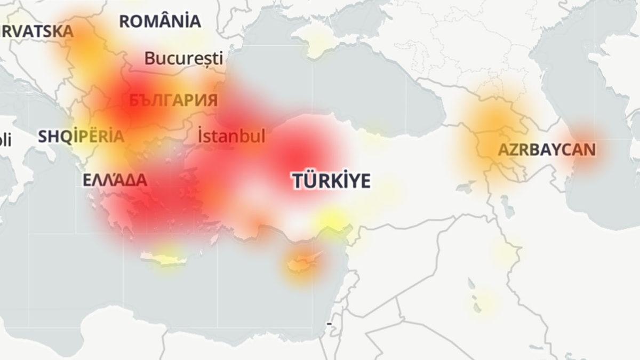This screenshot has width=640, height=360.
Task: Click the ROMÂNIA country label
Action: [160, 22]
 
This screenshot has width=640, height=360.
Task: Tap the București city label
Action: [183, 58]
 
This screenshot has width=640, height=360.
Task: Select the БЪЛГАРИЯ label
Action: [173, 100]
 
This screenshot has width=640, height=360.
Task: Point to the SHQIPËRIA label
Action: [81, 137]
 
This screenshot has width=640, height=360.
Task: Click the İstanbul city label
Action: [231, 136]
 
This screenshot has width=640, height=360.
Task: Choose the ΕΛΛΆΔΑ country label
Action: [115, 180]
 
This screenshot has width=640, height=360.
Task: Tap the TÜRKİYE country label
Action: [331, 181]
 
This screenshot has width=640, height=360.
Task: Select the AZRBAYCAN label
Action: [547, 150]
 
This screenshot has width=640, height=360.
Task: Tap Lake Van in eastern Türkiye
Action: [465, 187]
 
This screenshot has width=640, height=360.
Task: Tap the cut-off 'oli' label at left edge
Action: [5, 141]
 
